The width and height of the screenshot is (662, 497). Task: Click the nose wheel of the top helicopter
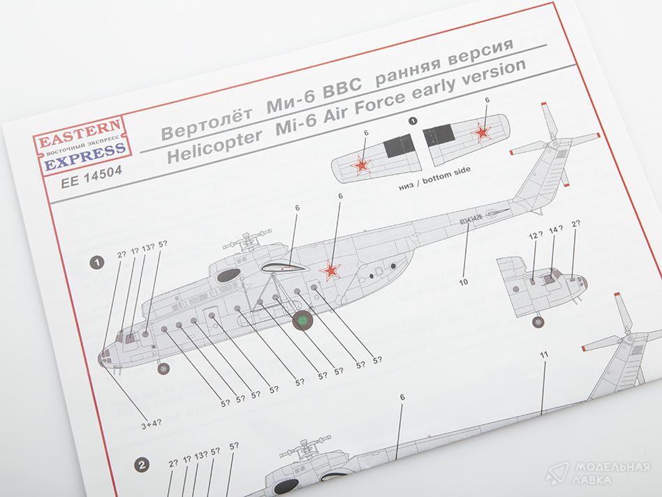click(x=163, y=366)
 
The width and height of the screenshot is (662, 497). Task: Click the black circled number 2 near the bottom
click(x=141, y=464)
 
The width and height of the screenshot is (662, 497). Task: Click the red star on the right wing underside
click(x=482, y=131)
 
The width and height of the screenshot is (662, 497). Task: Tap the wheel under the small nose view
click(x=538, y=322)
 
